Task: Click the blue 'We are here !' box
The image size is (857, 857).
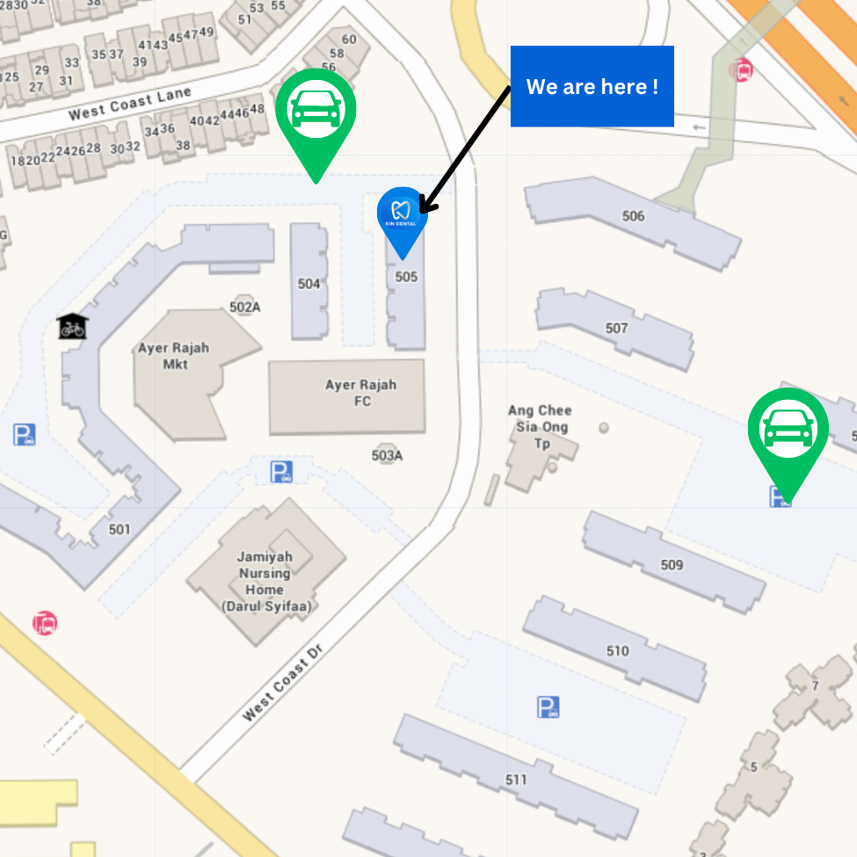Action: [x=592, y=86]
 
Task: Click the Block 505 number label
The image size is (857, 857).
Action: [x=406, y=277]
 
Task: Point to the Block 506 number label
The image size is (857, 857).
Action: [x=633, y=216]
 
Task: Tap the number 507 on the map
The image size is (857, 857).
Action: [x=617, y=328]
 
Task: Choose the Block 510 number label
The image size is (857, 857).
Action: [x=618, y=651]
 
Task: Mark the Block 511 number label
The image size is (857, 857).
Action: [x=517, y=780]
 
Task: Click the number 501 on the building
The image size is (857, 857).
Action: [x=120, y=529]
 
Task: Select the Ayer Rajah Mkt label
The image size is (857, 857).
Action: [x=174, y=355]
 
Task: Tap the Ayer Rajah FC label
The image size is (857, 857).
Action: [x=361, y=393]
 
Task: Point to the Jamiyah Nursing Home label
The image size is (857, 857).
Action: [x=265, y=581]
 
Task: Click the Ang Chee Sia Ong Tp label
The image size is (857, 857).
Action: [x=540, y=427]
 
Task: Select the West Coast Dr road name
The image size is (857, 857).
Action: [x=283, y=686]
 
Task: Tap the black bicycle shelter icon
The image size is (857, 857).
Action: [x=72, y=326]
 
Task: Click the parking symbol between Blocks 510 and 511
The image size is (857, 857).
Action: [x=548, y=707]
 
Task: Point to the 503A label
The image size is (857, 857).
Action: [x=387, y=455]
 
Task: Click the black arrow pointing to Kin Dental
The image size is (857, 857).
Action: [x=463, y=150]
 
